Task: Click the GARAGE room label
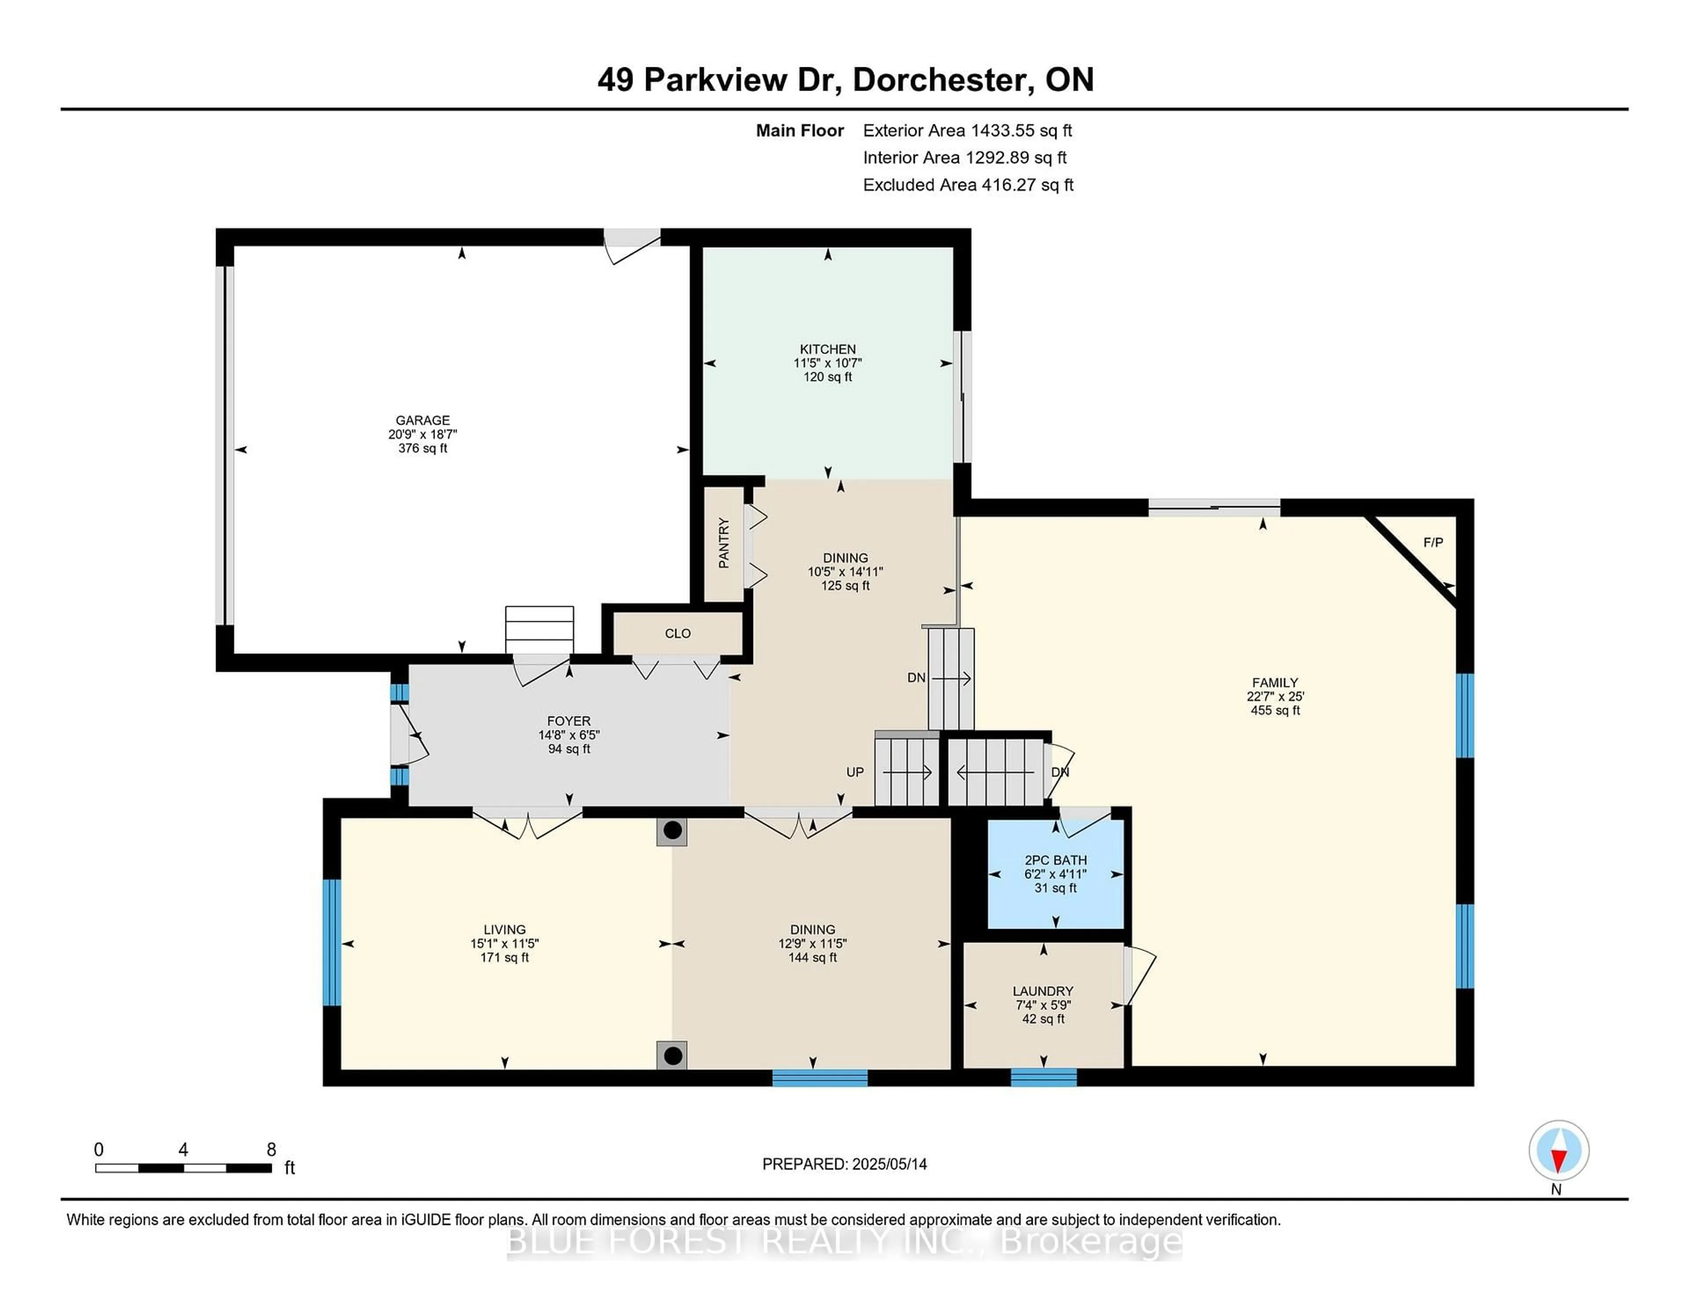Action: (x=422, y=421)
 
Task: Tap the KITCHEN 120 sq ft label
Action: (x=827, y=376)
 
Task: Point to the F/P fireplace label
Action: (x=1433, y=543)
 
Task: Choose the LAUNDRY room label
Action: (x=1042, y=991)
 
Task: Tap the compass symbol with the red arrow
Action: (x=1558, y=1150)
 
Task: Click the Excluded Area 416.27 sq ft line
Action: (x=968, y=185)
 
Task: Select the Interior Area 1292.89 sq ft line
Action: (x=965, y=158)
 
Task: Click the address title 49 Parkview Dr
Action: (x=719, y=80)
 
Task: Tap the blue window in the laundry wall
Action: (x=1043, y=1077)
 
